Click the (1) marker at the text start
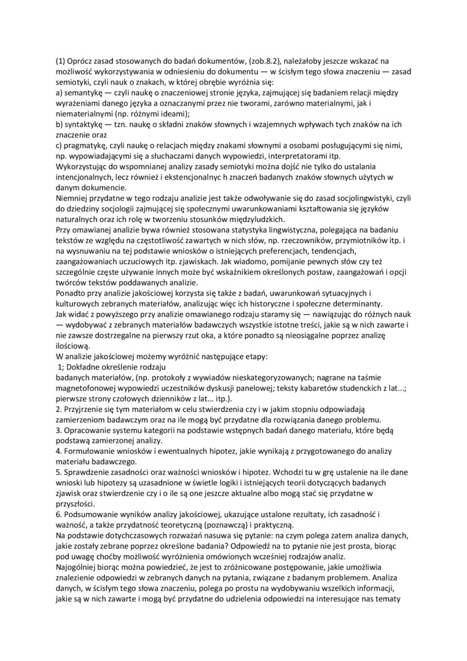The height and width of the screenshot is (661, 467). pos(60,60)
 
